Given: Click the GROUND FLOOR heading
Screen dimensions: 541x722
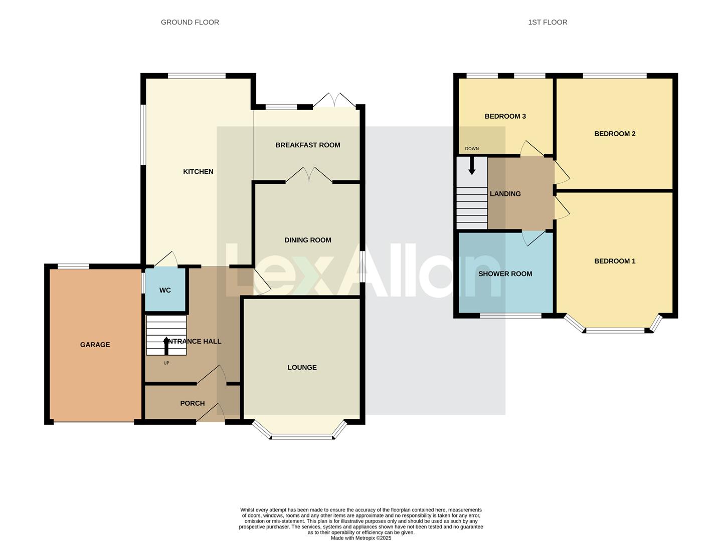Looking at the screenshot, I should pyautogui.click(x=190, y=22).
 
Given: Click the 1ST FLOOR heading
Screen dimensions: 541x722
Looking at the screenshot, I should pyautogui.click(x=548, y=22).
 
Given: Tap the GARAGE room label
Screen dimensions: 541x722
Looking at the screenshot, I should pyautogui.click(x=95, y=345).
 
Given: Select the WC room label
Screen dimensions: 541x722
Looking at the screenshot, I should pyautogui.click(x=165, y=290).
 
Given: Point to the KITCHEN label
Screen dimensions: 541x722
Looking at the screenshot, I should pyautogui.click(x=198, y=171).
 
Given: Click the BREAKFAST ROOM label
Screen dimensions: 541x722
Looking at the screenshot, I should pyautogui.click(x=307, y=145).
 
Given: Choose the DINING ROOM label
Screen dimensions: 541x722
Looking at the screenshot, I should pyautogui.click(x=307, y=240).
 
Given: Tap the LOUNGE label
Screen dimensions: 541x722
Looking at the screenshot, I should pyautogui.click(x=302, y=367).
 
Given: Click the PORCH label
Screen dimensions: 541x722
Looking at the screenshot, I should pyautogui.click(x=192, y=403).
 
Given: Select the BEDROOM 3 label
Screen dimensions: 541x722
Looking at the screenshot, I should pyautogui.click(x=505, y=116).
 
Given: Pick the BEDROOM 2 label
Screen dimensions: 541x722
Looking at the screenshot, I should pyautogui.click(x=615, y=134).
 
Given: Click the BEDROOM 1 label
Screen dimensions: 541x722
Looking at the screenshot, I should pyautogui.click(x=615, y=261).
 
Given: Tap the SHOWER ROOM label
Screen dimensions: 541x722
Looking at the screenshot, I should pyautogui.click(x=505, y=274).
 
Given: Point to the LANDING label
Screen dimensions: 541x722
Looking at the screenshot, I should pyautogui.click(x=505, y=194).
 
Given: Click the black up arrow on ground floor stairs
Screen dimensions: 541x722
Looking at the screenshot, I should pyautogui.click(x=166, y=345).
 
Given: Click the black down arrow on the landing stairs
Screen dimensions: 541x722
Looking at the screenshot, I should pyautogui.click(x=472, y=166).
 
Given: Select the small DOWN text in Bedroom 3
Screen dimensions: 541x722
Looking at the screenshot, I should pyautogui.click(x=472, y=149).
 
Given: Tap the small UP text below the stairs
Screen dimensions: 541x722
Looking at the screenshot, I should pyautogui.click(x=166, y=363).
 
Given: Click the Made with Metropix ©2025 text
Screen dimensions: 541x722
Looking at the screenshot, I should pyautogui.click(x=361, y=538).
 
